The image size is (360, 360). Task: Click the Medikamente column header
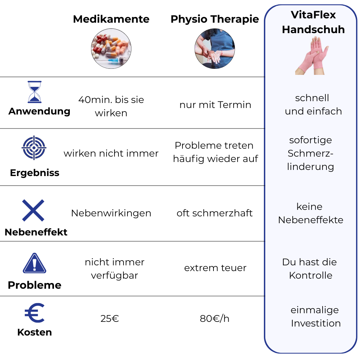pyautogui.click(x=111, y=19)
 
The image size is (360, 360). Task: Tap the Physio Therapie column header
pyautogui.click(x=215, y=19)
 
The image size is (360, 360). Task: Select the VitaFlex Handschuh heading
pyautogui.click(x=313, y=22)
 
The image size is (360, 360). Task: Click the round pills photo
pyautogui.click(x=111, y=49)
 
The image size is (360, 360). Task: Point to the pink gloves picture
pyautogui.click(x=312, y=55)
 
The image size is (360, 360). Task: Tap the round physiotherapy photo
pyautogui.click(x=215, y=49)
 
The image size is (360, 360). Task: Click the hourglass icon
pyautogui.click(x=35, y=92)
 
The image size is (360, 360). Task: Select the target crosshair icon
pyautogui.click(x=34, y=148)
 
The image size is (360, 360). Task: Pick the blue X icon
pyautogui.click(x=33, y=210)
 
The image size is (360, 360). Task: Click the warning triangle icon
pyautogui.click(x=35, y=264)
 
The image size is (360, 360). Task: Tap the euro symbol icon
pyautogui.click(x=35, y=313)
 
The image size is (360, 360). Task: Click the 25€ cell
pyautogui.click(x=110, y=319)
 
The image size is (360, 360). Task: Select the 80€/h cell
pyautogui.click(x=215, y=319)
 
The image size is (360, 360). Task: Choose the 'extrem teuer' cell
pyautogui.click(x=215, y=268)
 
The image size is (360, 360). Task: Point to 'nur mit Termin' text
pyautogui.click(x=215, y=105)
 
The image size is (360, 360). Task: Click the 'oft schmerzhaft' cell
pyautogui.click(x=215, y=213)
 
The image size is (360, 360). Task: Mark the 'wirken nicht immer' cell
pyautogui.click(x=111, y=153)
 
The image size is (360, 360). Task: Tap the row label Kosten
pyautogui.click(x=35, y=332)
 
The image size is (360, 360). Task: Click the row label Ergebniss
pyautogui.click(x=35, y=173)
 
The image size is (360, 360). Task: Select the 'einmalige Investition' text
pyautogui.click(x=315, y=316)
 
